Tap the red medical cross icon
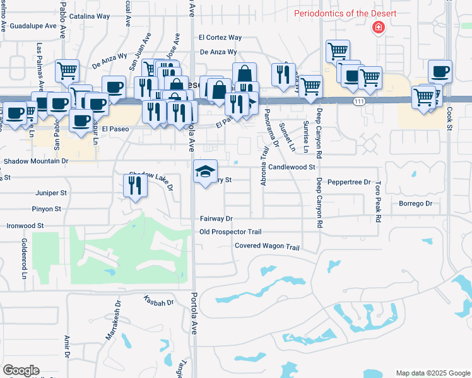(x=379, y=28)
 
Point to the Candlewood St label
(x=291, y=167)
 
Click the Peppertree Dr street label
(x=349, y=181)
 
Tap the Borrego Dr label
(x=415, y=203)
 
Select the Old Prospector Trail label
(x=230, y=232)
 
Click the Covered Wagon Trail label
(x=266, y=246)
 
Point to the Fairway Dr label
(x=216, y=219)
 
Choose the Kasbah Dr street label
(x=158, y=302)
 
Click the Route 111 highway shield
(x=358, y=101)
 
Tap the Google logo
(x=21, y=370)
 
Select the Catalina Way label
(x=89, y=15)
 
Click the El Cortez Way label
(x=220, y=38)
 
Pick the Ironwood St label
(x=25, y=225)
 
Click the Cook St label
(x=450, y=119)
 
